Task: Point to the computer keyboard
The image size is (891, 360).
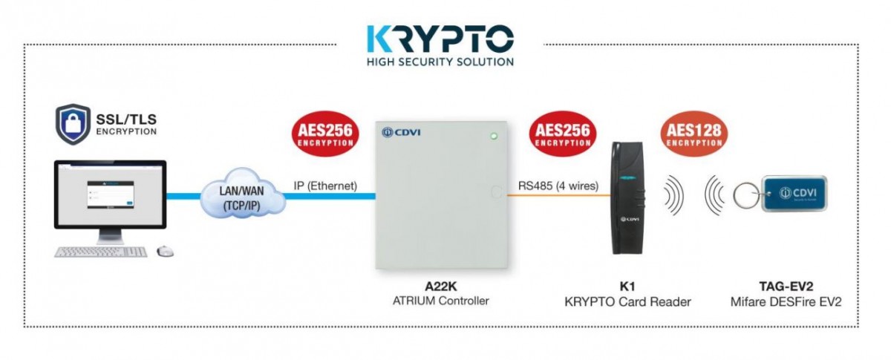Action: [101, 251]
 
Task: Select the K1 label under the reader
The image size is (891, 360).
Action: [627, 287]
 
